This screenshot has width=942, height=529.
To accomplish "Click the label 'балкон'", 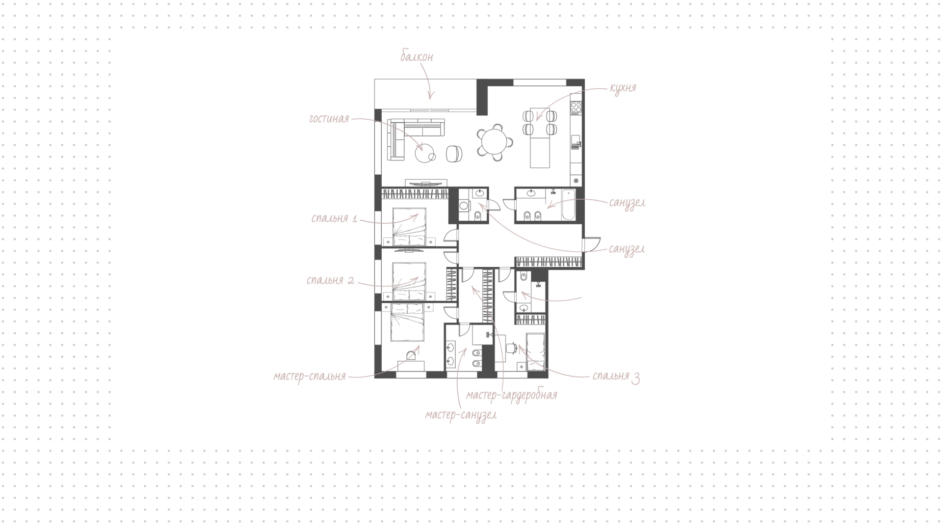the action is point(417,57).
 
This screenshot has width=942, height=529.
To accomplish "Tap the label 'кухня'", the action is point(623,88).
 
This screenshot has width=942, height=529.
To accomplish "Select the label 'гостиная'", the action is point(329,119).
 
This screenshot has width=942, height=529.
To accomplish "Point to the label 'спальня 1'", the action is point(334,218).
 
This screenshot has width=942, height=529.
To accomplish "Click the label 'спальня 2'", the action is point(330,281).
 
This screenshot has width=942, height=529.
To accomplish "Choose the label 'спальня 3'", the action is point(616,376).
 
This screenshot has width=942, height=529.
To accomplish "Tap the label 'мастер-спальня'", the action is point(310,376).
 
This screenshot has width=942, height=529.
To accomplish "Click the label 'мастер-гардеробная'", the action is point(512,395).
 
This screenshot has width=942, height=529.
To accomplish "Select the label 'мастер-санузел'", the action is point(461,415).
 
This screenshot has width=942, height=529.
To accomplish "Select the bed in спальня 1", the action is point(409,226).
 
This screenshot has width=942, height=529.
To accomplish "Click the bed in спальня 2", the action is point(409,281).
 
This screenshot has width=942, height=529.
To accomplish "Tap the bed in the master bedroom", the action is point(407,322).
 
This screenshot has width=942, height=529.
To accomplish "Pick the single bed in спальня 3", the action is point(535,352).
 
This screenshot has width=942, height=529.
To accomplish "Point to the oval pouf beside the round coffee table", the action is point(454,154).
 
